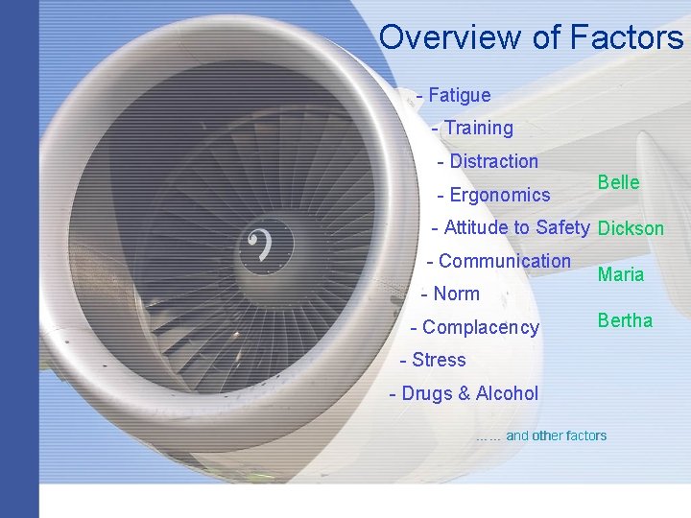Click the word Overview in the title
pos(449,37)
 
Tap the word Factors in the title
pos(626,37)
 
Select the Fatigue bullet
pos(459,95)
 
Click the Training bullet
pos(478,128)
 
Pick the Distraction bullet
pos(493,161)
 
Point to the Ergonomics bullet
pos(499,195)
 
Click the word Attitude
pos(476,227)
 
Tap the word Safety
pos(561,227)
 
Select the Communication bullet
pos(504,261)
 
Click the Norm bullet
pos(455,294)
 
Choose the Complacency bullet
pos(480,327)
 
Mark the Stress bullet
pos(438,360)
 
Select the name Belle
pos(618,182)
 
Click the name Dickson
pos(631,228)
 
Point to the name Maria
pos(621,274)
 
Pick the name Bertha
pos(625,320)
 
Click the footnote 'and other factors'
pos(556,436)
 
